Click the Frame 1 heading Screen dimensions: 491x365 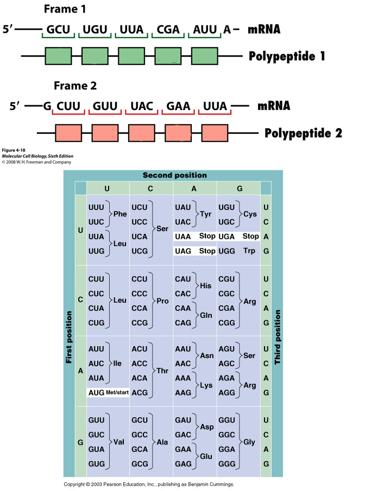click(x=66, y=9)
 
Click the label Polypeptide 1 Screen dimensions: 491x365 click(x=287, y=56)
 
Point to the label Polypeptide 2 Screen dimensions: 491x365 click(x=303, y=133)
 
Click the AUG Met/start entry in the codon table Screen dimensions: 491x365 click(x=108, y=392)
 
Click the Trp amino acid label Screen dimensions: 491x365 click(x=249, y=251)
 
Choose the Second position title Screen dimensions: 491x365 click(x=174, y=175)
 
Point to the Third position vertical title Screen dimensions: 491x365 click(x=278, y=337)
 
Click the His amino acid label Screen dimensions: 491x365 click(x=206, y=285)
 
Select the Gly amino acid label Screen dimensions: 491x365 click(x=249, y=442)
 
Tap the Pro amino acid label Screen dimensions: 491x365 click(x=162, y=301)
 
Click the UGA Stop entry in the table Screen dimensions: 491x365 click(x=238, y=237)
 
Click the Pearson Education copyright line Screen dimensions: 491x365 click(x=149, y=484)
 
